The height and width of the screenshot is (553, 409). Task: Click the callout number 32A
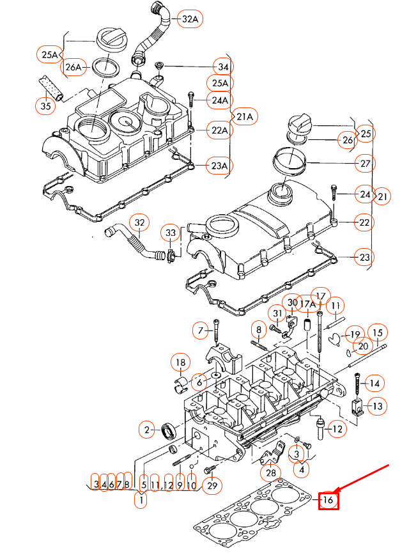pos(190,20)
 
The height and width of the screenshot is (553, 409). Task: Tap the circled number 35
pos(45,106)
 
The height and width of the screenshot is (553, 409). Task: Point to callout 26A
pos(73,66)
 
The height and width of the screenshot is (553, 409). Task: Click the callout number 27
pos(365,164)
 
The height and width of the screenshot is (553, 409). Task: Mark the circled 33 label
pos(170,232)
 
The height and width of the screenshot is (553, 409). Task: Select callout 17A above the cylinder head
pos(307,304)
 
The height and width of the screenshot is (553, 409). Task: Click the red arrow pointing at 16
pos(364,479)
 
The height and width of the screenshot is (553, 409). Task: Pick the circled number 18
pos(180,362)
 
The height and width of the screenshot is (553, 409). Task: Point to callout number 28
pos(272,473)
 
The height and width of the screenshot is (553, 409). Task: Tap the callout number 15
pos(377,332)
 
